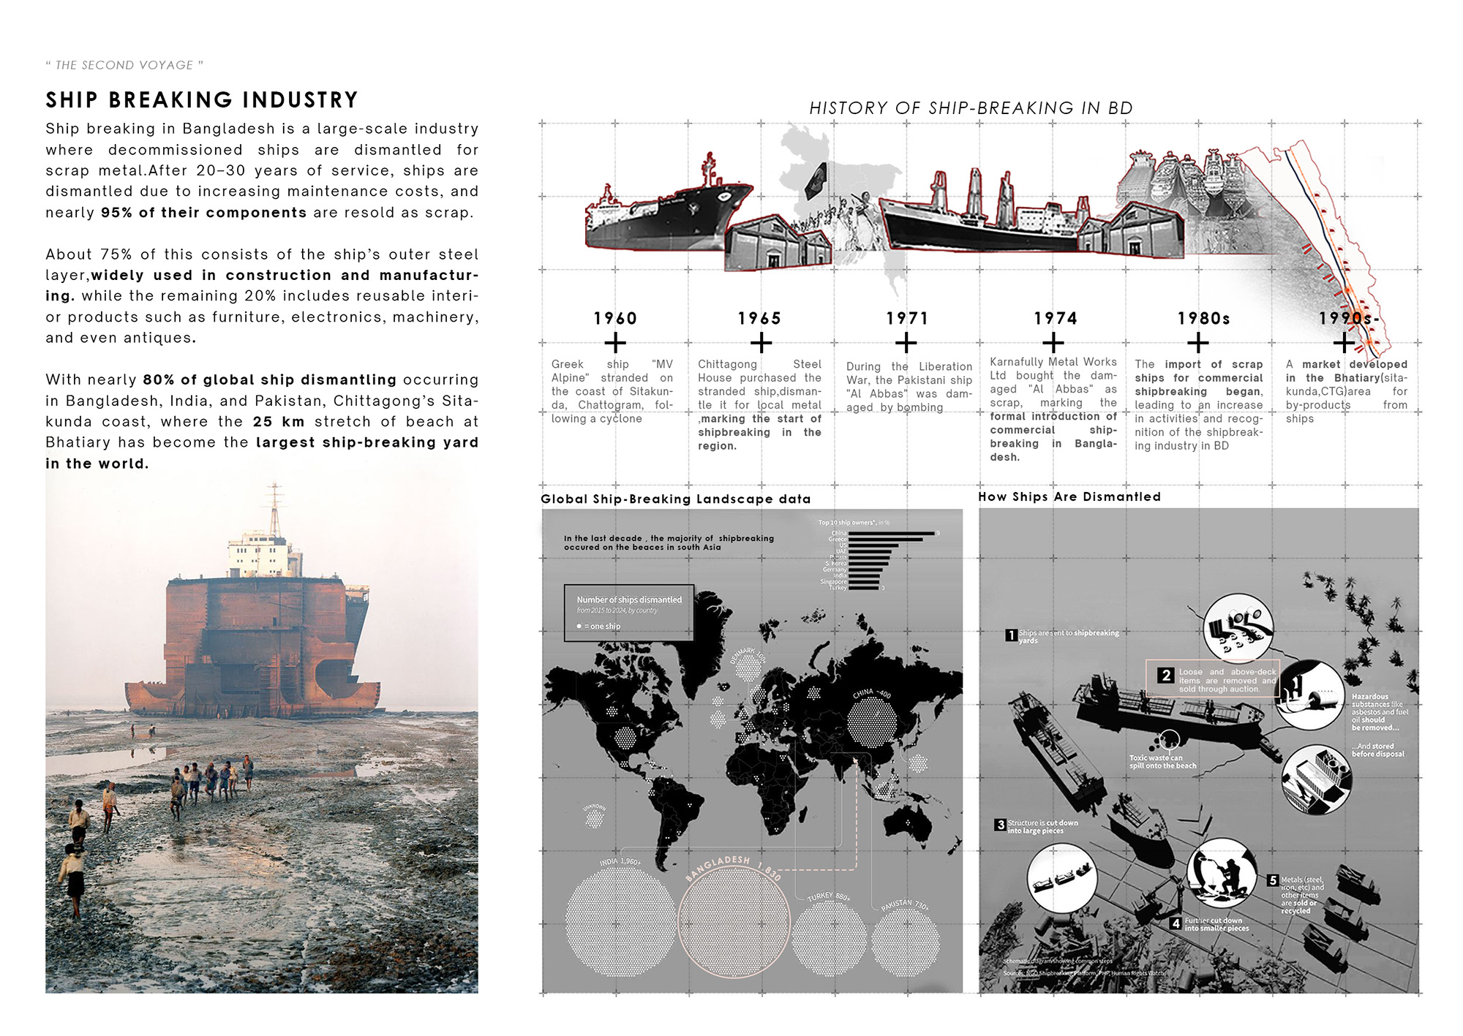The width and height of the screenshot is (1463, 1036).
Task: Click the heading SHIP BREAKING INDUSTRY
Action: coord(202,100)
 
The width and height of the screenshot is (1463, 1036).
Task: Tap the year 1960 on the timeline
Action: coord(615,319)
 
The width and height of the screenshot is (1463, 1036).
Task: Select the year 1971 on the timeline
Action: coord(907,319)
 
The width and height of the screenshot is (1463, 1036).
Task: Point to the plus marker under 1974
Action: coord(1053,342)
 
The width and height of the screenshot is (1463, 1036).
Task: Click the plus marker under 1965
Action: coord(761,342)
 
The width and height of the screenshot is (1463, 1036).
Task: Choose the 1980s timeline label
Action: coord(1203,319)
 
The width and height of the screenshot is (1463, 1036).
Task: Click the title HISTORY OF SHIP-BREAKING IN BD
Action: coord(971,108)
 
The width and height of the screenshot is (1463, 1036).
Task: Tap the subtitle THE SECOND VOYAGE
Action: coord(124,65)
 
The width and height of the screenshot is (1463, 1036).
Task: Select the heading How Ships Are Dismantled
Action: coord(1069,496)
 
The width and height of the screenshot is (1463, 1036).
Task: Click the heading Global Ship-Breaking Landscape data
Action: coord(675,499)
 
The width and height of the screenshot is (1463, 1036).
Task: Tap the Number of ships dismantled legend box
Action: coord(628,613)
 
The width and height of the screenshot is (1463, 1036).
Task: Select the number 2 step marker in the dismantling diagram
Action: coord(1166,675)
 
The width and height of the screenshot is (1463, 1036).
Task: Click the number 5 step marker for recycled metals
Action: coord(1273,880)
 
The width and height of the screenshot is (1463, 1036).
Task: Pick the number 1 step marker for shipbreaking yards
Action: coord(1010,635)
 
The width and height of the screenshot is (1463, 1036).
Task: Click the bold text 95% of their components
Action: coord(203,213)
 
